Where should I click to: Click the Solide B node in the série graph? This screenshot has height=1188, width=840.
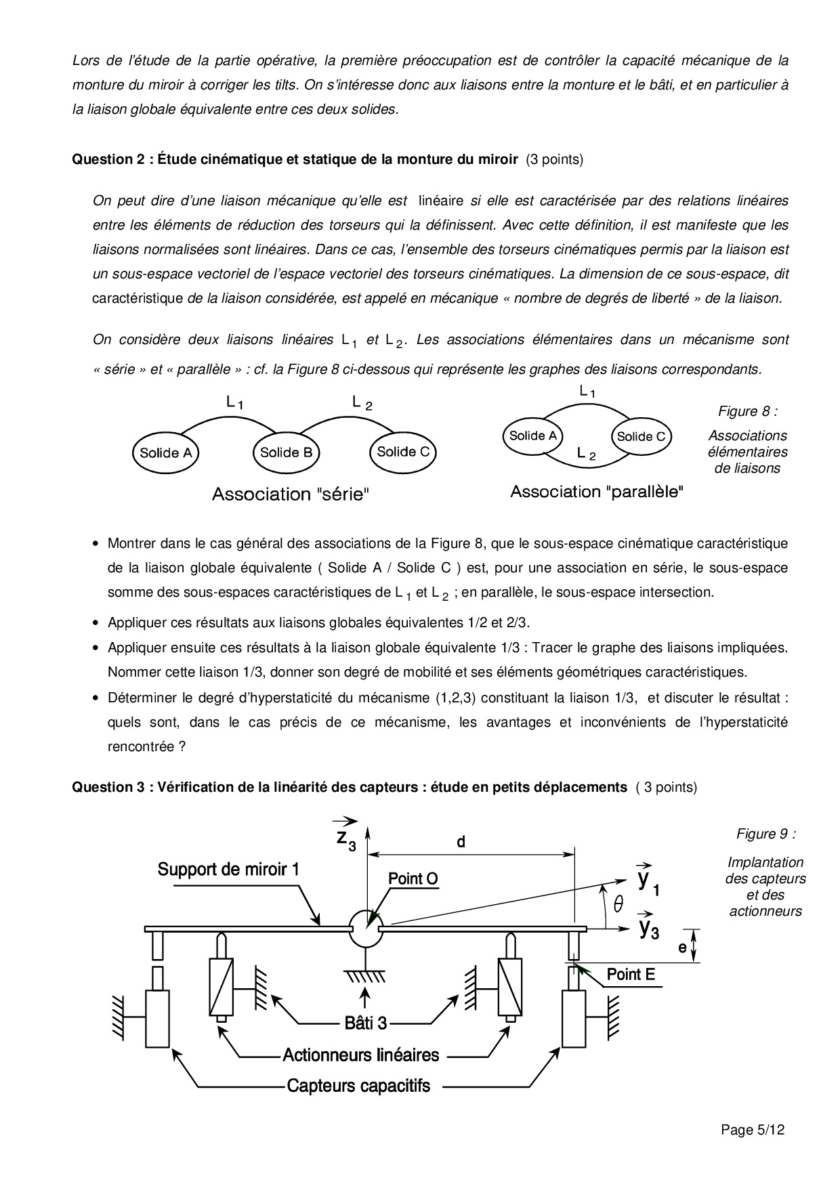click(x=286, y=452)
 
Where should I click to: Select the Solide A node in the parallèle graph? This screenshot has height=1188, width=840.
click(x=533, y=436)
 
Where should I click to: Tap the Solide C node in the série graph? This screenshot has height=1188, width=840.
click(x=403, y=452)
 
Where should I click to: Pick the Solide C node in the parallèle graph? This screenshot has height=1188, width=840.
click(x=641, y=437)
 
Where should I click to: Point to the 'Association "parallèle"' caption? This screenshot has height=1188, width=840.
click(x=596, y=492)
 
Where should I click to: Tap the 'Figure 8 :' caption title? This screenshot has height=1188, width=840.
click(x=748, y=411)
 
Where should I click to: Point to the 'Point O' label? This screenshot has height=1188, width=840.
click(x=413, y=878)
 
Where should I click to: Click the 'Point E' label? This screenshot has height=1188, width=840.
click(x=631, y=975)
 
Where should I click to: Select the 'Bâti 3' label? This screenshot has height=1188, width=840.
click(x=366, y=1023)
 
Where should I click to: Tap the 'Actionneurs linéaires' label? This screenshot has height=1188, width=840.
click(x=360, y=1055)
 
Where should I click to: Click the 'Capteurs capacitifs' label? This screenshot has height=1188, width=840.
click(x=358, y=1086)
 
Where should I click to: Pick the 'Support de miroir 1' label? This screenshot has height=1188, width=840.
click(x=228, y=869)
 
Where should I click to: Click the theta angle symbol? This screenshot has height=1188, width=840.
click(x=618, y=905)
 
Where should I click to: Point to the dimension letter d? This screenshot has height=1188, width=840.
click(x=461, y=842)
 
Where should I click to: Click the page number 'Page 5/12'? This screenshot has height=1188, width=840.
click(x=753, y=1130)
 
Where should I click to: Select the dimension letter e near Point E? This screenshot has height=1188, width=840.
click(x=682, y=948)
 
